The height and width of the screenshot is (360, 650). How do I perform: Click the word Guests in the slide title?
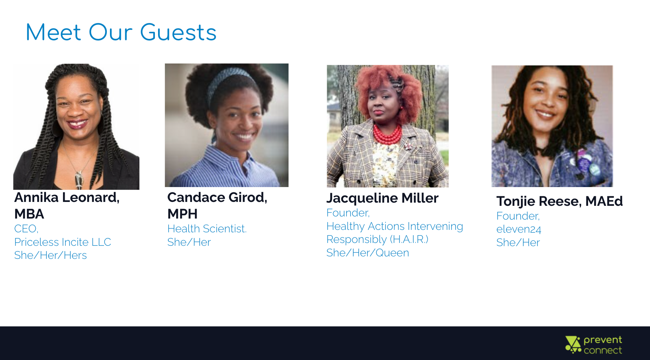[178, 33]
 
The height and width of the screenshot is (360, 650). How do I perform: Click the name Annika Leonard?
[66, 197]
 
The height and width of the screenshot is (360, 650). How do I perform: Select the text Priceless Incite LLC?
[63, 242]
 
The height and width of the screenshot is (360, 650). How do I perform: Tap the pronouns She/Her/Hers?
[51, 255]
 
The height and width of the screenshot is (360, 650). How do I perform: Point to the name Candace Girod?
[217, 197]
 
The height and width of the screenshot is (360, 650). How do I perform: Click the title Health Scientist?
[207, 229]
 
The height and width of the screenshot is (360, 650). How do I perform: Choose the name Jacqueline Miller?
[382, 198]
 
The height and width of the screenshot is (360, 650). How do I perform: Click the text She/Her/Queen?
[368, 253]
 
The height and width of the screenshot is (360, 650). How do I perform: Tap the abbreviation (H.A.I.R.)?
[409, 239]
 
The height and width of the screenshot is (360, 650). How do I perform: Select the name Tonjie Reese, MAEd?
[559, 201]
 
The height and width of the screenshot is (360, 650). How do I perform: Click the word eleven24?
[519, 229]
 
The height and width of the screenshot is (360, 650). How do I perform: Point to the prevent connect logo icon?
[573, 344]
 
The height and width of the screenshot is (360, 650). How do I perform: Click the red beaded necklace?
[388, 135]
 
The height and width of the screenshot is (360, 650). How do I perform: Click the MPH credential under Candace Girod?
[182, 214]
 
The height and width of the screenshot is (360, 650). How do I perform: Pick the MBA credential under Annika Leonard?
[29, 214]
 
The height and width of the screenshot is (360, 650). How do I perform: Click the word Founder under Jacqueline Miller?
[348, 213]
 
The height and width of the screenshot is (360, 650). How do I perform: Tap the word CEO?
[26, 229]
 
